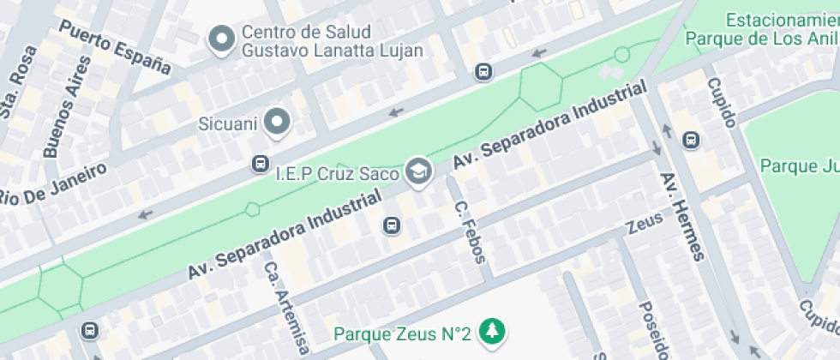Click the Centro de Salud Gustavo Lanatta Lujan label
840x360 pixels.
(x=333, y=41)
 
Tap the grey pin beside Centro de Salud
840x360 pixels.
(x=223, y=39)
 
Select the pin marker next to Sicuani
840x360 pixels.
(x=277, y=123)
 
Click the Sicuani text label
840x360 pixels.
(x=228, y=123)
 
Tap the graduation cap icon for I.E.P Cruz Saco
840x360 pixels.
(x=418, y=170)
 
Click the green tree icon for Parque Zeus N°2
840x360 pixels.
(x=491, y=331)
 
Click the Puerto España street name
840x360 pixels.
(x=115, y=45)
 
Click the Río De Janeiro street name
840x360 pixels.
(x=51, y=183)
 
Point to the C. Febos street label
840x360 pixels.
(x=474, y=231)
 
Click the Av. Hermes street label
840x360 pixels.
(x=682, y=215)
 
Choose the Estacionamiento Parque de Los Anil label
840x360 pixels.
(x=762, y=29)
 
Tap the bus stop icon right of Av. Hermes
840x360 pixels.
(x=691, y=140)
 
